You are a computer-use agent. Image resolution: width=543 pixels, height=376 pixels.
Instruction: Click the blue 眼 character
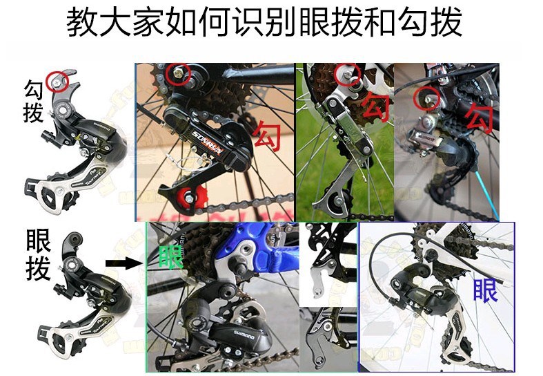[x=486, y=290]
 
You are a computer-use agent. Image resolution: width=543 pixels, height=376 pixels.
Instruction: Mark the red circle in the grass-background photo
[x=347, y=73]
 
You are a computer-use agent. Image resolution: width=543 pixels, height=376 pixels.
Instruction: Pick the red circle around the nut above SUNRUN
[x=178, y=73]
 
